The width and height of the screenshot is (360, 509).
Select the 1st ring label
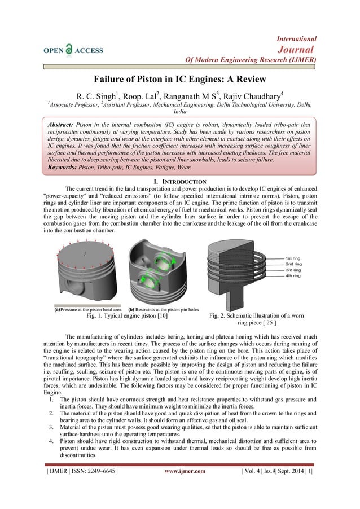click(x=294, y=256)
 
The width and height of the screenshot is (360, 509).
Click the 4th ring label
click(x=294, y=277)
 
